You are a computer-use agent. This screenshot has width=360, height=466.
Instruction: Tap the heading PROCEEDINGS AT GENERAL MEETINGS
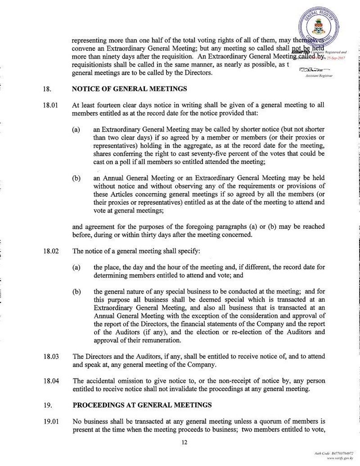pos(142,405)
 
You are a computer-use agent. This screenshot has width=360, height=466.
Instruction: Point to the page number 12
pos(184,443)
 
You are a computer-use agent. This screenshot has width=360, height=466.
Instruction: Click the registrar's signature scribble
pos(314,70)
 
